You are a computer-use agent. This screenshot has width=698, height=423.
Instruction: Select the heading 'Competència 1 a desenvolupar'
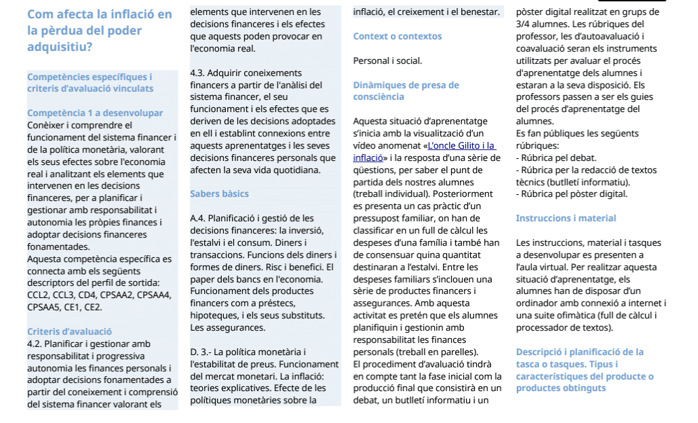tap(95, 113)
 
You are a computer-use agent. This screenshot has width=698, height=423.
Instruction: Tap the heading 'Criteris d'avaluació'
tap(69, 331)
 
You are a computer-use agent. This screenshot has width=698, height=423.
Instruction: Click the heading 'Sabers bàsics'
tap(219, 194)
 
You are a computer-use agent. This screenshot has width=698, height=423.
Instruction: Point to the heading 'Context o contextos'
tap(398, 36)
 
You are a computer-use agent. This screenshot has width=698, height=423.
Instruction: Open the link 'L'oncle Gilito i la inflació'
tap(459, 146)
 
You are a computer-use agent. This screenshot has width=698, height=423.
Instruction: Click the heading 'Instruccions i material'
tap(566, 218)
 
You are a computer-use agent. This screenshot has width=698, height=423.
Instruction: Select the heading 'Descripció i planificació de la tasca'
tap(580, 352)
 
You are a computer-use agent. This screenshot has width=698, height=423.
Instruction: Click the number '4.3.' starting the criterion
tap(197, 73)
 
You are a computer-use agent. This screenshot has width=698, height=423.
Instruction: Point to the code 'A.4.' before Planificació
tap(198, 218)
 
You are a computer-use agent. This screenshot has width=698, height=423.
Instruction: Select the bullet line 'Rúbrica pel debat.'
tap(556, 158)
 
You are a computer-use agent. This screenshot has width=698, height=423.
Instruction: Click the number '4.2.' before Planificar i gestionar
tap(35, 344)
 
